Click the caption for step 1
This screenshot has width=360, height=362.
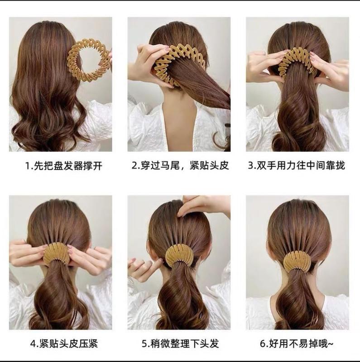[63, 166]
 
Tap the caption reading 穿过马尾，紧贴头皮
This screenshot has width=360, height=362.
[180, 165]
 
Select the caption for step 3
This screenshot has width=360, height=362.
[297, 165]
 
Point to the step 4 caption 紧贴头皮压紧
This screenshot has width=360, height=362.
[64, 343]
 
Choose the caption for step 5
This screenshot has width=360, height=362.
[180, 343]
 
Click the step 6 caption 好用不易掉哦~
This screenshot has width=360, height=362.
[297, 343]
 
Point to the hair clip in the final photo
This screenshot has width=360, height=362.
[297, 260]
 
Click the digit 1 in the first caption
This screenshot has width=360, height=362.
[28, 166]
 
